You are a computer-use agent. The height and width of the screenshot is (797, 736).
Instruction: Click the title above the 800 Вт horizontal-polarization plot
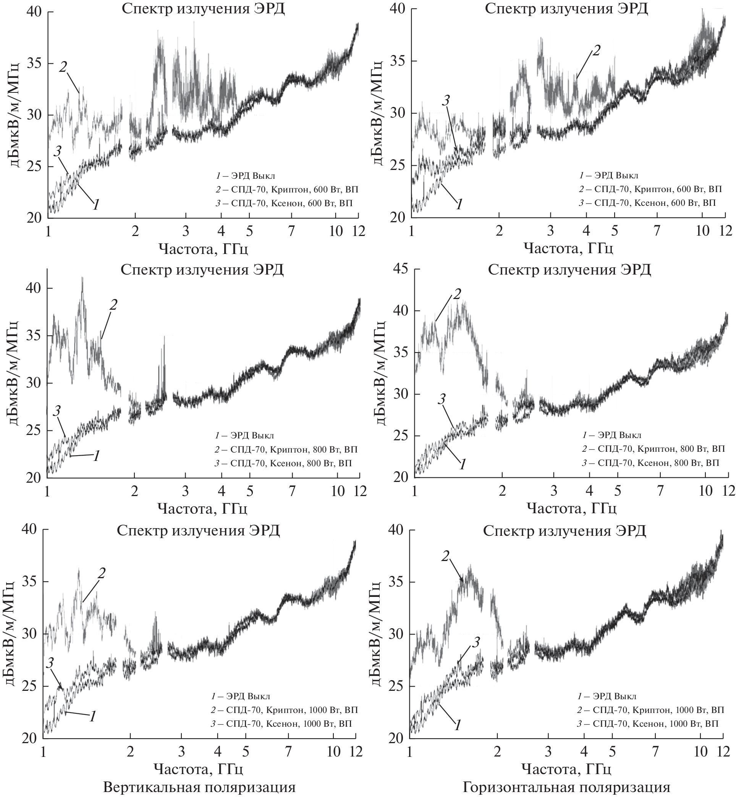(x=569, y=270)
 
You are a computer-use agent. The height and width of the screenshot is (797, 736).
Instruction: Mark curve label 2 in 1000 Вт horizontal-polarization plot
(x=445, y=556)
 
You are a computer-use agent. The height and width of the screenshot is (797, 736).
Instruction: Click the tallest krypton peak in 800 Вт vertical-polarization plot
(x=82, y=279)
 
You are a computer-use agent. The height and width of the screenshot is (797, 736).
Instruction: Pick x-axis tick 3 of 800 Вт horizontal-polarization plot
(x=553, y=490)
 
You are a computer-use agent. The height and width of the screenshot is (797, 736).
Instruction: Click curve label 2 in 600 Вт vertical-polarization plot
(x=63, y=67)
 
